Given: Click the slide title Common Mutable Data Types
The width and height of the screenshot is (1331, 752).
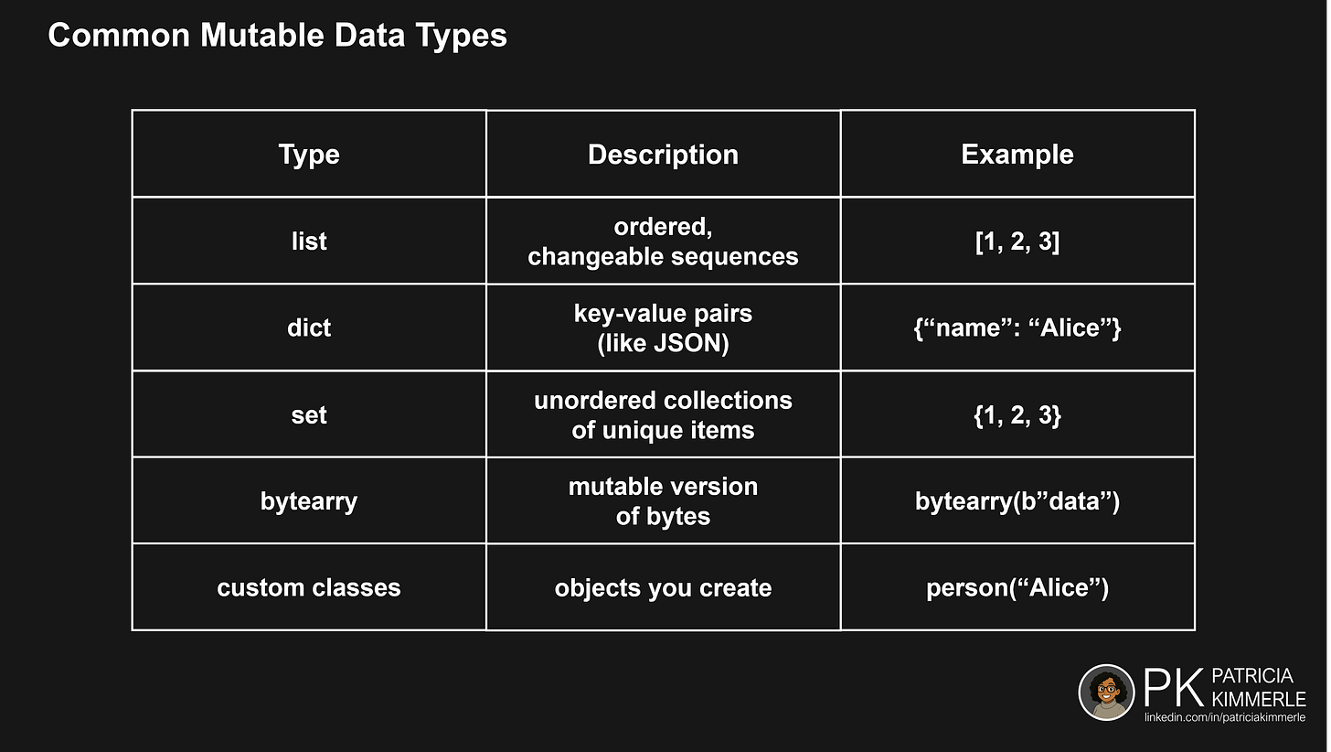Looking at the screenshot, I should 277,36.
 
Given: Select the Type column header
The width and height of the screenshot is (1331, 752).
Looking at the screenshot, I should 309,155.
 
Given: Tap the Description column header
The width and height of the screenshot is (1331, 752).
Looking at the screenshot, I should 663,155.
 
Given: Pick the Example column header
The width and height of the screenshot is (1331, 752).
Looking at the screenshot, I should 1017,155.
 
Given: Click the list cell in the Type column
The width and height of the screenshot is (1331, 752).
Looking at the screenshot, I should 309,242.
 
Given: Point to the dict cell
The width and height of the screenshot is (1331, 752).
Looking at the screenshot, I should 309,328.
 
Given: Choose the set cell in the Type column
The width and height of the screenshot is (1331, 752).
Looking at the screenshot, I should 309,414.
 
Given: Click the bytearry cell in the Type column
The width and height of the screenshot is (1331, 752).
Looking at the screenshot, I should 309,501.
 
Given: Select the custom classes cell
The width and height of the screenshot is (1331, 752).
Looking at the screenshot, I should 309,587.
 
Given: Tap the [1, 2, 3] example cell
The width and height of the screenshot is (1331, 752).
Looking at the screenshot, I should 1017,242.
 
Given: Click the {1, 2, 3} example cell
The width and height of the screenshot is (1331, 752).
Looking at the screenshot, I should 1017,414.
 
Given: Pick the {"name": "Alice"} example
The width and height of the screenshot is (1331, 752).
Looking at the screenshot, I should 1017,328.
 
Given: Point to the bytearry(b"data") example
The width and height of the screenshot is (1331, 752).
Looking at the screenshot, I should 1017,501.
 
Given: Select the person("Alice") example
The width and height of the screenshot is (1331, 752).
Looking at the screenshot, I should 1017,587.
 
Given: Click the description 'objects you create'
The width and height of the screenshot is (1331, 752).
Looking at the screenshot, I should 663,587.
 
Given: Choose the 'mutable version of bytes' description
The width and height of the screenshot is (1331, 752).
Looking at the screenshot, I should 663,501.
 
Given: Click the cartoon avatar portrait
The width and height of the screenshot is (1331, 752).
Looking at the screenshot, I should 1106,693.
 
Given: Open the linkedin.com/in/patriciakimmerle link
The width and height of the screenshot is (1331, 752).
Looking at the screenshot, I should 1225,718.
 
